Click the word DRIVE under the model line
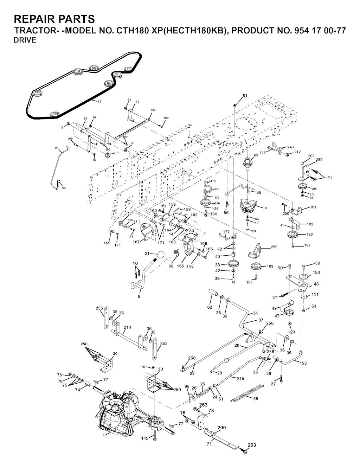25,40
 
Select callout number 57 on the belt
99,102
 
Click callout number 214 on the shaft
127,327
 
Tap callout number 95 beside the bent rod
57,148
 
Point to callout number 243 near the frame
290,147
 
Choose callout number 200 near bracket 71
221,428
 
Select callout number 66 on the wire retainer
259,192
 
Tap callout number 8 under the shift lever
139,296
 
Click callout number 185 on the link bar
153,110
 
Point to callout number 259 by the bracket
274,247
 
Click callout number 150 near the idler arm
316,273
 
